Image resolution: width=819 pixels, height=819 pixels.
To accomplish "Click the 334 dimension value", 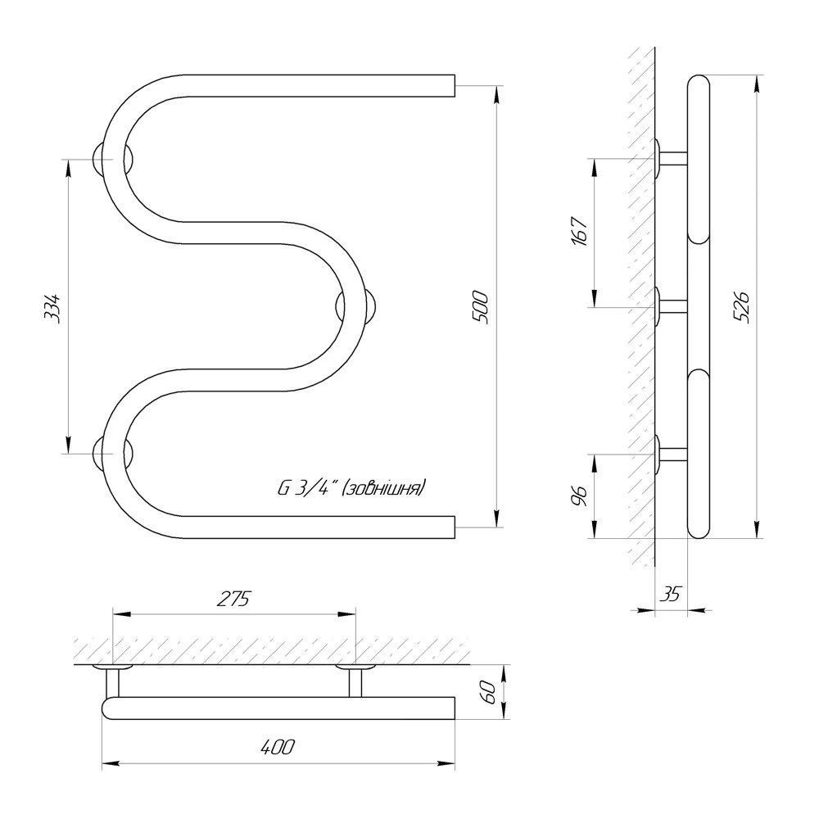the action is pos(52,308).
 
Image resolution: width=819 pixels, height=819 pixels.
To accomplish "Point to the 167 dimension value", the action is pos(580,230).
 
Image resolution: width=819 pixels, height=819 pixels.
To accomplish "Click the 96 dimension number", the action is pos(580,495).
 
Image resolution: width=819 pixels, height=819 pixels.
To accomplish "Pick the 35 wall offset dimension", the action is pos(671,594).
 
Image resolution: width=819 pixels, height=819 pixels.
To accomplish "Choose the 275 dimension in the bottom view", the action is pos(233,599).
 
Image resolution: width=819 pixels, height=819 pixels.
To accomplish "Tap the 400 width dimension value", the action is pos(278,747).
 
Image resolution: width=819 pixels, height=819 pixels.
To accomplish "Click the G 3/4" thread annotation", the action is pos(305,488).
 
